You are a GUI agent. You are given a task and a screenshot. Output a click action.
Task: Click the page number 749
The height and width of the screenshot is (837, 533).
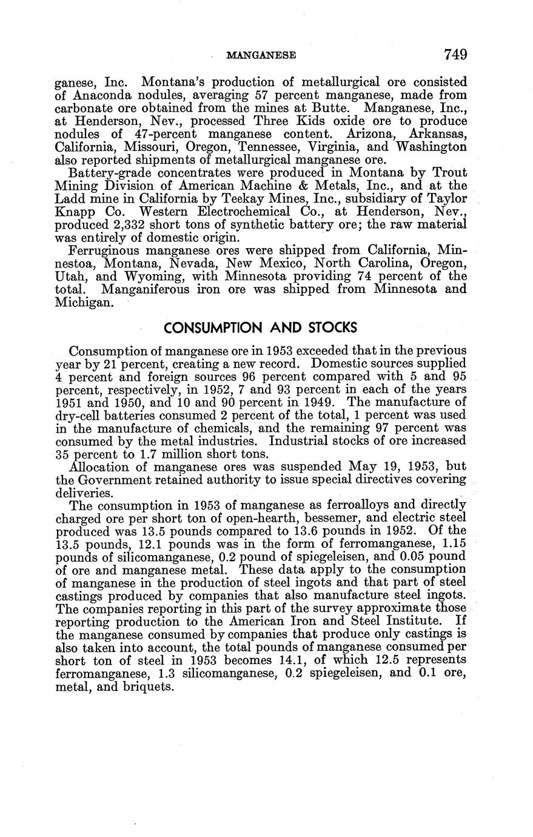pyautogui.click(x=455, y=55)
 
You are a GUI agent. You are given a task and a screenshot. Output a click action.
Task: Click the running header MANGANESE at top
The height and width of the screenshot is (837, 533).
pyautogui.click(x=260, y=56)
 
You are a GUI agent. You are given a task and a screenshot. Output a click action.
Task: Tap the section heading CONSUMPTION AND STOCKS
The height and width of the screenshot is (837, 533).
pyautogui.click(x=261, y=328)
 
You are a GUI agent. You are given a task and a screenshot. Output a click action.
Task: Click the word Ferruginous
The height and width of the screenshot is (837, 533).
pyautogui.click(x=106, y=251)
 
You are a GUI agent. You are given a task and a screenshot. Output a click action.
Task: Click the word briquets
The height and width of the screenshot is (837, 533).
pyautogui.click(x=148, y=687)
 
